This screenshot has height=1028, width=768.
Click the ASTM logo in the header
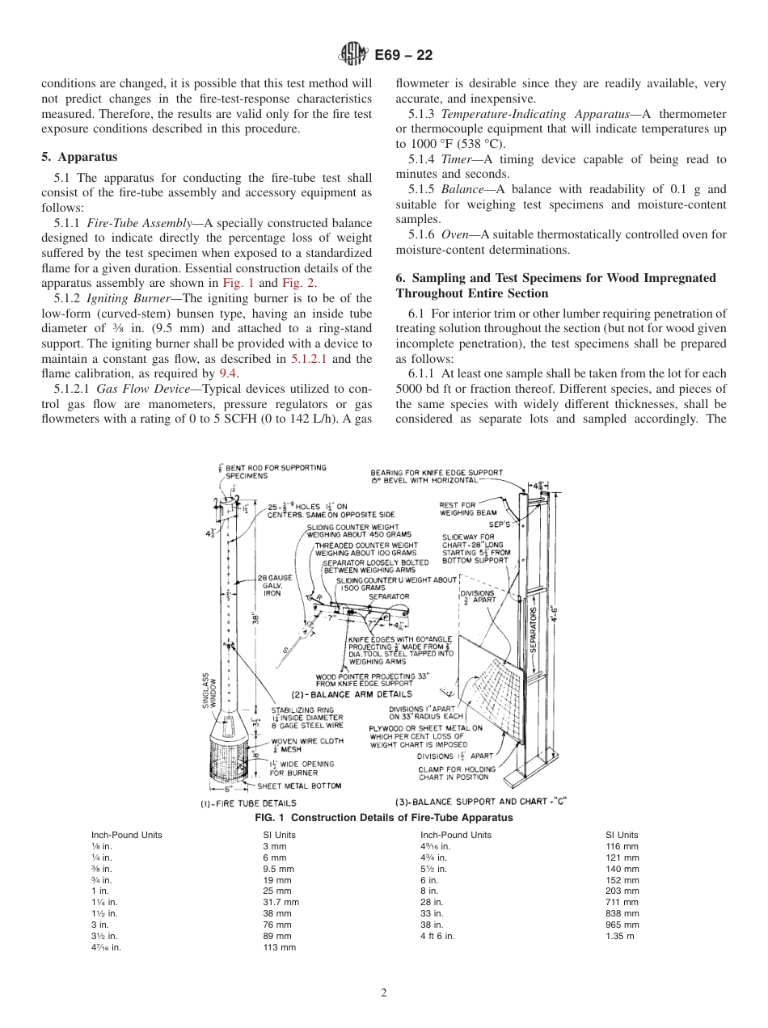pos(353,55)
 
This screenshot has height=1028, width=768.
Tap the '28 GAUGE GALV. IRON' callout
pos(270,585)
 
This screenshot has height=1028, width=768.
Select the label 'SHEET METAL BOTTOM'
pos(299,786)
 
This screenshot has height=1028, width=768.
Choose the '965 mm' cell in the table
pos(622,925)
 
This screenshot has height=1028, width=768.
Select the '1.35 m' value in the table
pos(620,936)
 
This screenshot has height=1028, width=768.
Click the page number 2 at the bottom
pos(383,993)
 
